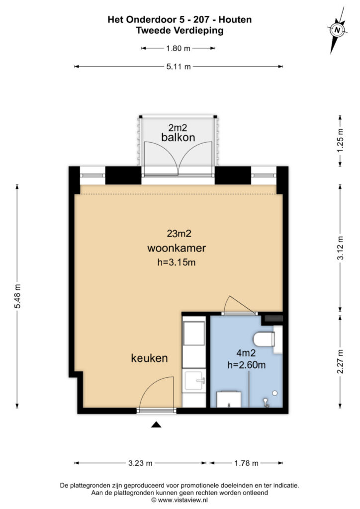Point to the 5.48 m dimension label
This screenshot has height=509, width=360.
(x=18, y=296)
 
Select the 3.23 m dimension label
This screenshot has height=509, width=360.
(x=141, y=463)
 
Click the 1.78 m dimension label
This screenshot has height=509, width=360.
(x=246, y=463)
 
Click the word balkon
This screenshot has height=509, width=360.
(x=178, y=137)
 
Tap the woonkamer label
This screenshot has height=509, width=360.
(x=177, y=248)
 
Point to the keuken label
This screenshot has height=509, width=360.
(x=149, y=358)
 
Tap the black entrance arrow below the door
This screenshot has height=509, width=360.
(x=157, y=424)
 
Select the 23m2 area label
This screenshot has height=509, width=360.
(x=177, y=233)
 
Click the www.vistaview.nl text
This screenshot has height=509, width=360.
(x=184, y=499)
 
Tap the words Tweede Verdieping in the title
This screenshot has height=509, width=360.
(x=180, y=30)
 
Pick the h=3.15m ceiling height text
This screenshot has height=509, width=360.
(x=177, y=262)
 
